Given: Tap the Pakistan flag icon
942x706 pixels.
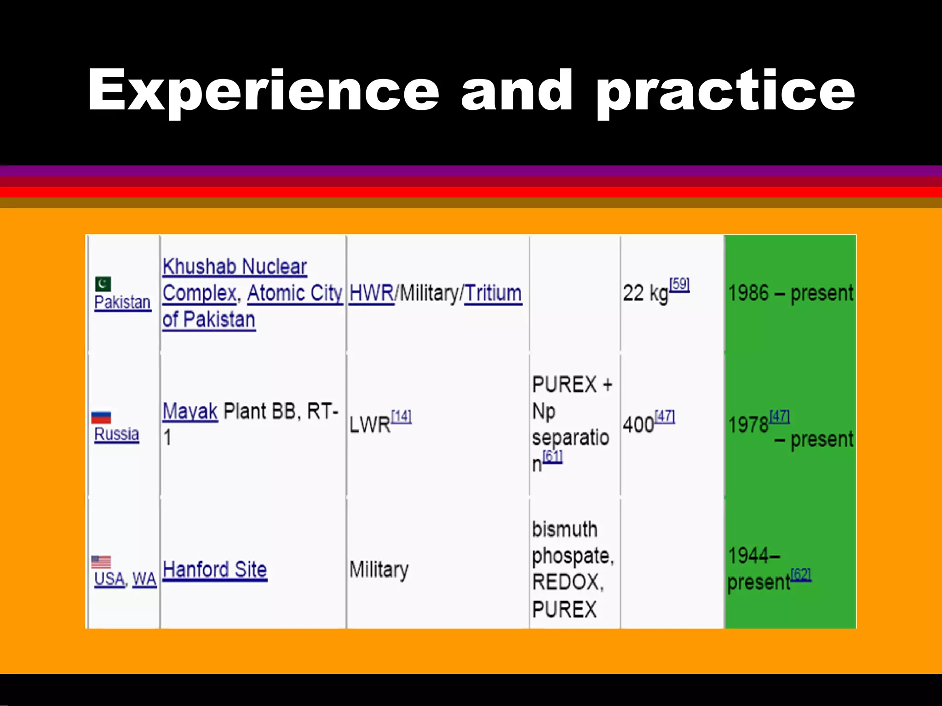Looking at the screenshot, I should click(103, 284).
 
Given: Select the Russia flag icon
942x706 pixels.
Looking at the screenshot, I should click(101, 417).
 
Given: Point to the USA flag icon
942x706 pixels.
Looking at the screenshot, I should click(101, 562).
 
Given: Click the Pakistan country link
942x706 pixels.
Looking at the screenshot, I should click(122, 302).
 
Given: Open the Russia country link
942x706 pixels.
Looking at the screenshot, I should click(116, 434).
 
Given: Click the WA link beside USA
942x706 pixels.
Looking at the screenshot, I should click(144, 579).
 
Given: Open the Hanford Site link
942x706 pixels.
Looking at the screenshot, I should click(214, 570).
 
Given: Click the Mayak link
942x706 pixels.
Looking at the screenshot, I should click(190, 411).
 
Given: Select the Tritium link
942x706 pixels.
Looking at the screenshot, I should click(493, 294).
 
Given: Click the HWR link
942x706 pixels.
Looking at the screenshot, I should click(371, 294).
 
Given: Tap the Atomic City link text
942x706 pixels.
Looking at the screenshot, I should click(294, 294).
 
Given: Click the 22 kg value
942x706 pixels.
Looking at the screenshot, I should click(645, 294).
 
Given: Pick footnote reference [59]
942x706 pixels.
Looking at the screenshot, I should click(679, 285).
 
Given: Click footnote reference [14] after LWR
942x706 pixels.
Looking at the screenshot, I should click(401, 416).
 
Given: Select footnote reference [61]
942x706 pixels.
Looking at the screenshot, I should click(552, 456).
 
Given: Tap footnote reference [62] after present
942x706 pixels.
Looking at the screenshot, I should click(801, 575).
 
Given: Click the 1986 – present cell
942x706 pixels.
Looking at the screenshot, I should click(790, 294).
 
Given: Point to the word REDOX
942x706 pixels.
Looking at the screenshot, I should click(567, 583).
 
